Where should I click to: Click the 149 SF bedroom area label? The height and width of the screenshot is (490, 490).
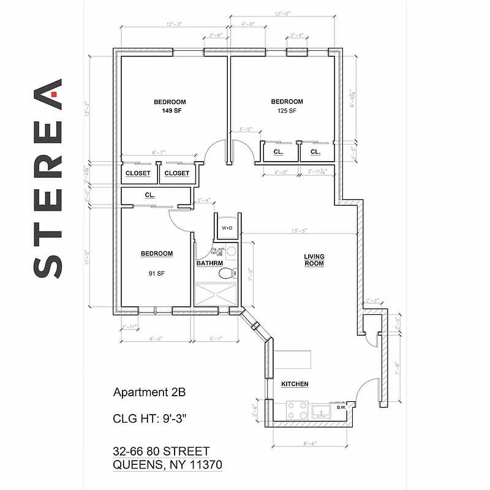tap(169, 111)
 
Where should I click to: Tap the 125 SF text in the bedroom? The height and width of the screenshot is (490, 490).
tap(287, 111)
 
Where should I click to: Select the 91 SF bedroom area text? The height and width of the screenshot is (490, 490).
tap(156, 274)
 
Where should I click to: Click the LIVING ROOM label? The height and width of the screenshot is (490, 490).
tap(314, 260)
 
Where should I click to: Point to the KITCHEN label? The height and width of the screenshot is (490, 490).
tap(294, 384)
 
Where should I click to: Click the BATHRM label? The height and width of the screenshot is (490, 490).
tap(209, 263)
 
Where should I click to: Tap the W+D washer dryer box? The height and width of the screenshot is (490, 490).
tap(227, 227)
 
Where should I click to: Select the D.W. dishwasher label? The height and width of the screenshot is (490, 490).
tap(341, 407)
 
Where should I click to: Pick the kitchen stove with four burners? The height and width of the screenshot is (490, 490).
tap(297, 410)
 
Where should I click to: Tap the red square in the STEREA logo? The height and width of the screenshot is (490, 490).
tap(55, 95)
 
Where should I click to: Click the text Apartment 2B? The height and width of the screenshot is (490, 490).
tap(149, 391)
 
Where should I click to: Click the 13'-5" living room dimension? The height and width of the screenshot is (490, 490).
tap(300, 231)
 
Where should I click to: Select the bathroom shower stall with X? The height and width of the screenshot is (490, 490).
tap(216, 294)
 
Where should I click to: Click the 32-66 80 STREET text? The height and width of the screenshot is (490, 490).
tap(162, 451)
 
